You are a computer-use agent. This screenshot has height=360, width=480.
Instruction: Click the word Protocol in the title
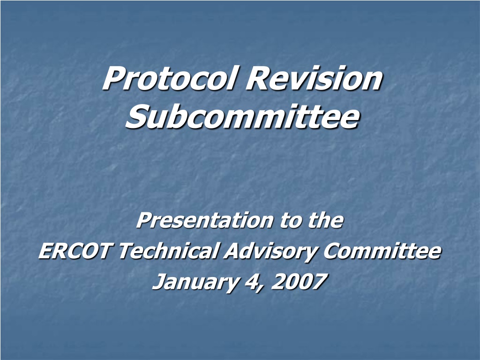[170, 78]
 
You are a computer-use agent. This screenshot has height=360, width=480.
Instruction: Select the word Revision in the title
[314, 78]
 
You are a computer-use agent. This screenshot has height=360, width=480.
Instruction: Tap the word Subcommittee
[242, 117]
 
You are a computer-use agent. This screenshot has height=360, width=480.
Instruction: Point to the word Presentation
[204, 220]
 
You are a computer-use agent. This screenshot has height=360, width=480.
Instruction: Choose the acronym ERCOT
[75, 251]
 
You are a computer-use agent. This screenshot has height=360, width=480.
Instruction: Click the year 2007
[299, 281]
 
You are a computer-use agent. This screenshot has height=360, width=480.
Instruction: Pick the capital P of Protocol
[113, 78]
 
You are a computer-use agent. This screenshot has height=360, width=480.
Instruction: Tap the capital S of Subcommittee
[136, 117]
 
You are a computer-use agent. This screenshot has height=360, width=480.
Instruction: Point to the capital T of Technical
[126, 251]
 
